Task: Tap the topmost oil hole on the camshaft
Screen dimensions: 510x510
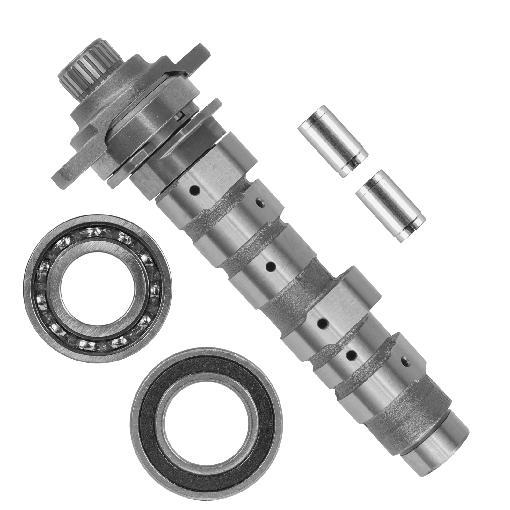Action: tap(194, 192)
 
